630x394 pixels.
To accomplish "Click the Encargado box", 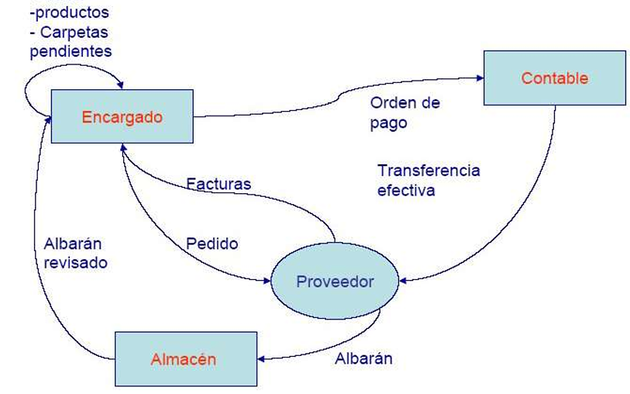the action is (x=122, y=116).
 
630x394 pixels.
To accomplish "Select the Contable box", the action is (x=555, y=78).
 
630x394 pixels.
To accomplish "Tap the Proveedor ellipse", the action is (x=335, y=281).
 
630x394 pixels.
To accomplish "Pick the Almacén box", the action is (x=186, y=359).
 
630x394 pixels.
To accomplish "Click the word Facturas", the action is (x=219, y=184).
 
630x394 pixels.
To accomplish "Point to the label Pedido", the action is (x=212, y=244).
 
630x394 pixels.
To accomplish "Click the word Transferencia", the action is (x=429, y=171).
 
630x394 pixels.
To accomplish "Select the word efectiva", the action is (x=406, y=190).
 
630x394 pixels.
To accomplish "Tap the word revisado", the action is (x=75, y=263).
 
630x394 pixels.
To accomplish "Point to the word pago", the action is (x=388, y=123).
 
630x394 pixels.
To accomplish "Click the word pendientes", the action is (x=71, y=51).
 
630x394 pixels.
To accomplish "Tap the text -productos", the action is (x=70, y=12).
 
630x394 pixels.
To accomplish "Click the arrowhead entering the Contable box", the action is (x=480, y=78).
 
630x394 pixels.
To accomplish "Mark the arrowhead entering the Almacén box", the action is (x=261, y=358).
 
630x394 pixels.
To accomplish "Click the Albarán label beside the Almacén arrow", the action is (x=363, y=358).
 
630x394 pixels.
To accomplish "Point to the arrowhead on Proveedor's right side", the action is (x=403, y=281).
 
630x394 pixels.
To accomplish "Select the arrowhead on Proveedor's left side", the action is (x=267, y=281).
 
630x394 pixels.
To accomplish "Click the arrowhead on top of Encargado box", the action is (x=120, y=85).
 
